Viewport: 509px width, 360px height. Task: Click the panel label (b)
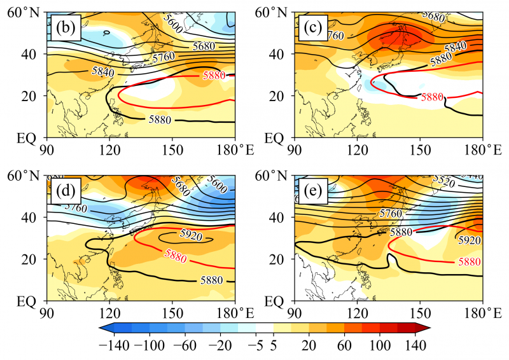click(x=66, y=28)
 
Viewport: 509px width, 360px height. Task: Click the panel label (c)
click(x=316, y=28)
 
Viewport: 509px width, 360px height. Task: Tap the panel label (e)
click(x=316, y=190)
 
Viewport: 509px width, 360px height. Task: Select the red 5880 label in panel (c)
click(x=430, y=97)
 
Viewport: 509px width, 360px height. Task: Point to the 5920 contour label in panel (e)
click(x=469, y=240)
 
